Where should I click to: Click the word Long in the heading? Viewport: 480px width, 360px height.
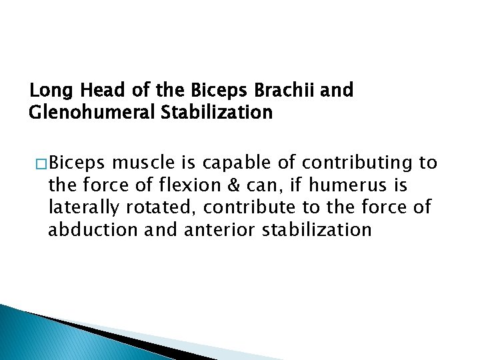click(x=47, y=90)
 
